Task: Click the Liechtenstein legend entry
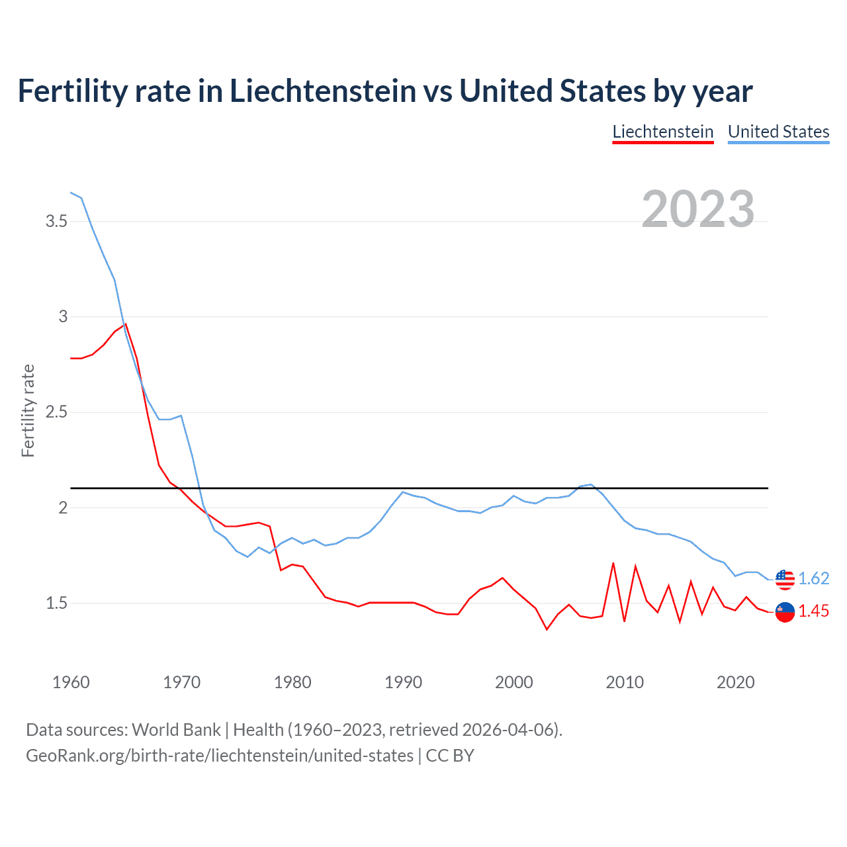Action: [x=662, y=132]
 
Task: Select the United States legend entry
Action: [x=778, y=132]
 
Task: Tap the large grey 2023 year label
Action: [x=698, y=209]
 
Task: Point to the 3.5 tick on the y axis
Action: [x=56, y=221]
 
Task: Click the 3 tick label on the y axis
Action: [x=63, y=316]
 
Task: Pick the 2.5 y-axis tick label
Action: [x=56, y=412]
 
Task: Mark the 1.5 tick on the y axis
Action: [x=56, y=603]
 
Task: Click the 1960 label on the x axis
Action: [x=71, y=682]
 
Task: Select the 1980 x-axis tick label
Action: [x=292, y=682]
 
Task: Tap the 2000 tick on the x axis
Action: [x=513, y=682]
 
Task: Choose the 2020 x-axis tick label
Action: [x=735, y=682]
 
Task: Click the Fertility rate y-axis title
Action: [x=28, y=410]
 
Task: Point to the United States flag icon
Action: [x=785, y=579]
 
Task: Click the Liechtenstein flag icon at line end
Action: [x=785, y=612]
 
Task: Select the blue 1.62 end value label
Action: [x=813, y=579]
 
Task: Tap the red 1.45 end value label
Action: [x=813, y=611]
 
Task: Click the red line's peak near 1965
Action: [x=126, y=324]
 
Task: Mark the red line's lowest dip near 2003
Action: [x=547, y=629]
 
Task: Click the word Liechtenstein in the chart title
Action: [x=323, y=91]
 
